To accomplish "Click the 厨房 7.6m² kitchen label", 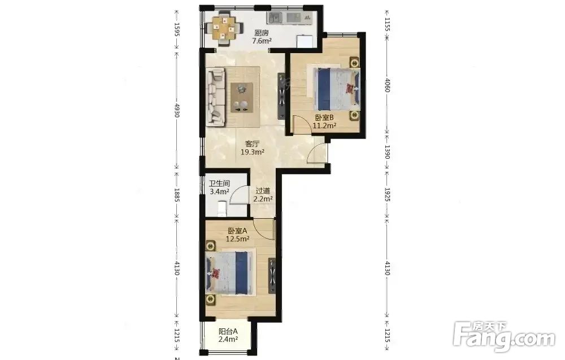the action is (262, 37).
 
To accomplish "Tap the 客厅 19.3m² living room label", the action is (252, 148).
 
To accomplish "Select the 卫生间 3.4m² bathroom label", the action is (219, 188).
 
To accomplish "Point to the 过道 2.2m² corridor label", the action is (263, 194).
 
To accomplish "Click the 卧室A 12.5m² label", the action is (237, 234).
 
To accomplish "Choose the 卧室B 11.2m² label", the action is (324, 122).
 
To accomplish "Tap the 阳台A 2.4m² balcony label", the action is (228, 335).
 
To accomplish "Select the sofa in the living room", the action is (216, 97).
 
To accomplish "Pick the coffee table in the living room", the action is (242, 97).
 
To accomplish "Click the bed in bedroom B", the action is (337, 89).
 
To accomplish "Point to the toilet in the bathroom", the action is (222, 209).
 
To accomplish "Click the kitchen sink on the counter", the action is (276, 18).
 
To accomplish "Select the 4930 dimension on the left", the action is (177, 110).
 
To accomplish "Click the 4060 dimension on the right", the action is (387, 85).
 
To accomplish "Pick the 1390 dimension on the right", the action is (387, 151).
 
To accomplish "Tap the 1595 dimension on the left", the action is (177, 29).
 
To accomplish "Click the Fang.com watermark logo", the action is (504, 336).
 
